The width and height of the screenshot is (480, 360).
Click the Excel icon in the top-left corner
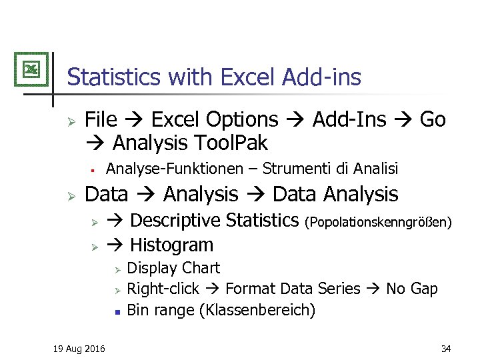pyautogui.click(x=31, y=69)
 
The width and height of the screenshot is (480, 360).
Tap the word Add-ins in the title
pyautogui.click(x=321, y=77)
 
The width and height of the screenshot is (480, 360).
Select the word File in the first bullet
pyautogui.click(x=101, y=120)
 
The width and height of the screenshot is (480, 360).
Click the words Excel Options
pyautogui.click(x=215, y=120)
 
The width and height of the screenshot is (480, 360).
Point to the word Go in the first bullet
pyautogui.click(x=433, y=120)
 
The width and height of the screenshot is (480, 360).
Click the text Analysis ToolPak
pyautogui.click(x=190, y=143)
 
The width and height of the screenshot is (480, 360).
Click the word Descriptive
pyautogui.click(x=176, y=220)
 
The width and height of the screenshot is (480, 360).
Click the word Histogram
pyautogui.click(x=172, y=245)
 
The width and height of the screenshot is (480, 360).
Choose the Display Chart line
pyautogui.click(x=173, y=268)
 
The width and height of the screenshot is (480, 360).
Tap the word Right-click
pyautogui.click(x=163, y=289)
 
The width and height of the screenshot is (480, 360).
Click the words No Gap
pyautogui.click(x=412, y=289)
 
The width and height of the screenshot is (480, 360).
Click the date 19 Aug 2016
pyautogui.click(x=79, y=349)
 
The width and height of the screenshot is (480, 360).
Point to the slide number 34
pyautogui.click(x=445, y=349)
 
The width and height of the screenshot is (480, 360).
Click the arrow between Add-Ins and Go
pyautogui.click(x=403, y=121)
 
